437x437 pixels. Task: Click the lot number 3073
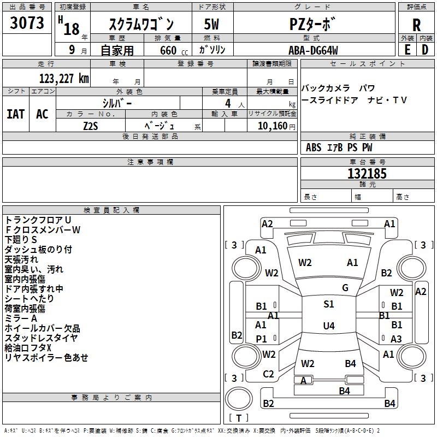[27, 22]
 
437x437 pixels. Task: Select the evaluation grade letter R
[416, 25]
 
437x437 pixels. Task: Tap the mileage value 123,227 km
[64, 79]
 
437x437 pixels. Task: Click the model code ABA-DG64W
[313, 50]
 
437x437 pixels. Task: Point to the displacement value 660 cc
[174, 50]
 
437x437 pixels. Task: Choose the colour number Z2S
[91, 126]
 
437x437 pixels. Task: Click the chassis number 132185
[367, 174]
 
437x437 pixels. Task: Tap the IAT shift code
[16, 114]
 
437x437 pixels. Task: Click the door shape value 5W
[211, 24]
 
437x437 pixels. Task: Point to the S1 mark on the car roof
[329, 304]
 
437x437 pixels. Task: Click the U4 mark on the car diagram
[329, 326]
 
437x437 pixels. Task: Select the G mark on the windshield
[345, 288]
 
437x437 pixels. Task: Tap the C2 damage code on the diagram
[268, 374]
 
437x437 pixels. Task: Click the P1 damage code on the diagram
[261, 339]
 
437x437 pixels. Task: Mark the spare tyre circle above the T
[239, 399]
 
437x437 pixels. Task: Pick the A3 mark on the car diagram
[396, 339]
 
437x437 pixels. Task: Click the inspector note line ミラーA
[21, 318]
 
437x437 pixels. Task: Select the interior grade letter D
[425, 50]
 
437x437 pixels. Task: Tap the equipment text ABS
[314, 147]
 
